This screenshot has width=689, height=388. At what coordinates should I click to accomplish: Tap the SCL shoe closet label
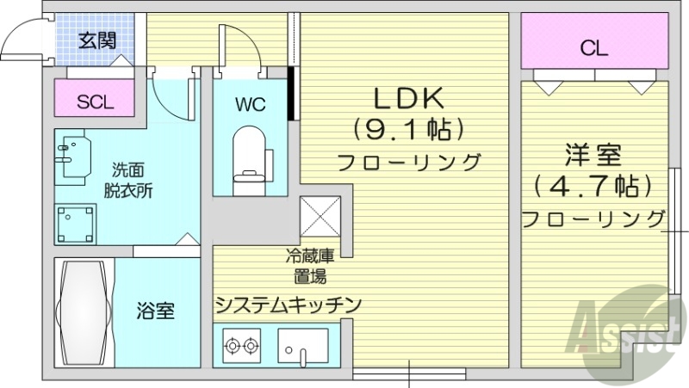[96, 102]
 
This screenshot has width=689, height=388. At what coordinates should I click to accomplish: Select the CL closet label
[593, 48]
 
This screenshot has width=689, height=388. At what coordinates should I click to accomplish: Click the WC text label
[249, 104]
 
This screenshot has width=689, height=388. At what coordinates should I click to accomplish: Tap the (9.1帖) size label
[408, 130]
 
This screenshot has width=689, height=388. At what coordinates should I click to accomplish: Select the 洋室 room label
[593, 156]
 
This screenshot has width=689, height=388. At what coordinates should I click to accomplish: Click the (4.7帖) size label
[593, 185]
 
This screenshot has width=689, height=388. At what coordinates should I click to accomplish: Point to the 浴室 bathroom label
[157, 311]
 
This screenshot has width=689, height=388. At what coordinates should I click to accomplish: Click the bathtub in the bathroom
[84, 311]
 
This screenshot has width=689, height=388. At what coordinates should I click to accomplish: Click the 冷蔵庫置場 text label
[306, 266]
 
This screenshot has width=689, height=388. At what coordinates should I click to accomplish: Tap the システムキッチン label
[288, 304]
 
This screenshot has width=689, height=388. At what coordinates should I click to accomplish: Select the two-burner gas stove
[241, 347]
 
